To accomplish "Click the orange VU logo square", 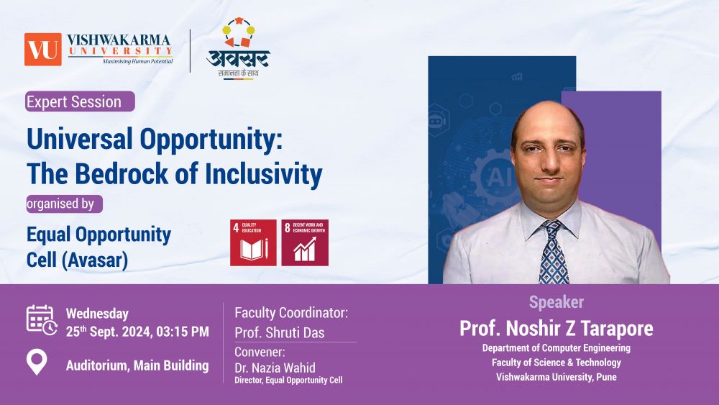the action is (x=42, y=49).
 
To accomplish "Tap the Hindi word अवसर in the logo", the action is (x=239, y=58).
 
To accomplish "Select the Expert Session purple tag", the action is (x=80, y=101).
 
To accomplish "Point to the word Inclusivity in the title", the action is (x=264, y=175).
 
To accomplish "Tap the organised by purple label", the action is (x=64, y=204).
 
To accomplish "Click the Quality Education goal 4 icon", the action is (x=253, y=242).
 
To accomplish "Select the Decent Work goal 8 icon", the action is (x=305, y=242).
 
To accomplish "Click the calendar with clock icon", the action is (x=41, y=319).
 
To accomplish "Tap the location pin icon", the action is (x=37, y=361).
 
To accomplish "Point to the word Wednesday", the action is (x=97, y=314).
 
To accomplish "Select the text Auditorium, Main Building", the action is (x=137, y=365).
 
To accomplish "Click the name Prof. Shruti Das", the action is (x=280, y=332).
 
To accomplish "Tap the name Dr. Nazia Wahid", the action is (x=275, y=368).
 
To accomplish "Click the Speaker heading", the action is (x=557, y=302).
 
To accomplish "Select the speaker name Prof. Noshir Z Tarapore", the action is (x=557, y=329).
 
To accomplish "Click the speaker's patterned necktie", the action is (x=554, y=252).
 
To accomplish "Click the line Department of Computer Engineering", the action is (x=557, y=348).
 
